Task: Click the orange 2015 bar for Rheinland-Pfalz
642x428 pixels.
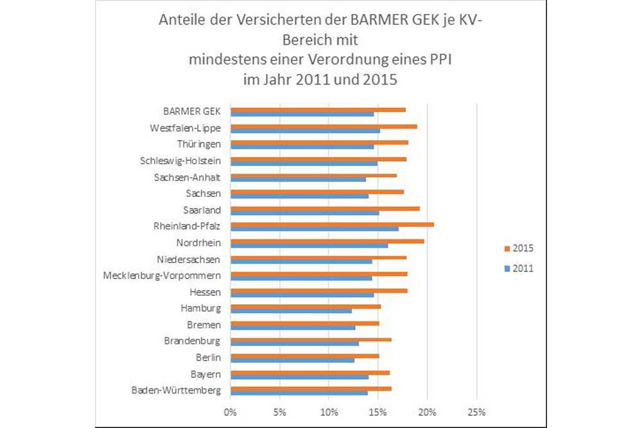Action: [x=332, y=224]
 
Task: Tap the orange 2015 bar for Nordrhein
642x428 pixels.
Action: [x=327, y=241]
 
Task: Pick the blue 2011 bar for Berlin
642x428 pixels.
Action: [x=292, y=361]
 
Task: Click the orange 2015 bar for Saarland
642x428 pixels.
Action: [x=325, y=208]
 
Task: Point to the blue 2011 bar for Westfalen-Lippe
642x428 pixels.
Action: [x=305, y=131]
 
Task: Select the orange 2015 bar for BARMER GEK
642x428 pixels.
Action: [x=318, y=110]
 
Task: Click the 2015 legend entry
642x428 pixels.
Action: [x=518, y=248]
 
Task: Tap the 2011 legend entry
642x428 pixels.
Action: [x=518, y=269]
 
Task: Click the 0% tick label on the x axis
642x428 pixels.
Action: [x=230, y=412]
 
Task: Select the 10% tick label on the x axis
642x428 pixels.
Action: [x=328, y=412]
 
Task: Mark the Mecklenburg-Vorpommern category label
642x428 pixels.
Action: [x=161, y=275]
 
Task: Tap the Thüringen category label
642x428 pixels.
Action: [x=198, y=144]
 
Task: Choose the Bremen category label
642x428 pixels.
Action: [x=204, y=325]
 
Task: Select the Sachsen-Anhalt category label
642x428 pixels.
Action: [x=187, y=177]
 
